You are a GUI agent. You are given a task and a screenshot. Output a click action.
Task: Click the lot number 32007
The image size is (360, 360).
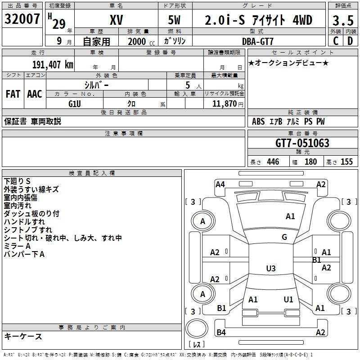click(x=22, y=19)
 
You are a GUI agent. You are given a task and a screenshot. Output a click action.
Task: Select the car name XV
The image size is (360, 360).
click(x=116, y=20)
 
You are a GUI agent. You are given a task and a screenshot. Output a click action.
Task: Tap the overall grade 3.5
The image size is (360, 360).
click(x=342, y=21)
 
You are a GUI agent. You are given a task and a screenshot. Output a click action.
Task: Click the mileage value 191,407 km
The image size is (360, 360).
click(x=53, y=65)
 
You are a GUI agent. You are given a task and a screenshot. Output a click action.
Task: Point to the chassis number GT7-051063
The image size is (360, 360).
click(x=302, y=144)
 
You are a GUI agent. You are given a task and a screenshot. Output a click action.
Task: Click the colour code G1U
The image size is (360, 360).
click(x=75, y=103)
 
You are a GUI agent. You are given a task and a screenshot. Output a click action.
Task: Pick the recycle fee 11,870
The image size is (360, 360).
click(x=224, y=103)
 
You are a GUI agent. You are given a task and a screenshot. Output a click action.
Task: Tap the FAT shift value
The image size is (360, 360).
click(x=13, y=94)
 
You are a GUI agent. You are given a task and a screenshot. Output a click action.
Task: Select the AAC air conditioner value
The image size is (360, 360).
click(x=35, y=94)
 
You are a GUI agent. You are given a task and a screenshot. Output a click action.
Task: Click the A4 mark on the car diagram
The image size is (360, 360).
click(x=220, y=184)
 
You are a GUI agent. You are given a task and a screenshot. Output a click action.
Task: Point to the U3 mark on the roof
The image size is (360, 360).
click(x=270, y=269)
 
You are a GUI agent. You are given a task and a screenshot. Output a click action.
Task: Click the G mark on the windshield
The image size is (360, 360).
click(x=284, y=237)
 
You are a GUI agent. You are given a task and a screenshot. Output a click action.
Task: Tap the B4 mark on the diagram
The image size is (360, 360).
click(x=221, y=332)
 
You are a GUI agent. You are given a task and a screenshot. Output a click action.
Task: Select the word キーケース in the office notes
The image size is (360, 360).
click(x=23, y=337)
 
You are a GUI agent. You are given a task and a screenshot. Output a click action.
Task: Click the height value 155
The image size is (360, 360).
click(x=346, y=162)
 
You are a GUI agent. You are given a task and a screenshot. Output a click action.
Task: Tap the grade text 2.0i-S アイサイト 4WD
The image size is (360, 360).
click(x=258, y=20)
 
